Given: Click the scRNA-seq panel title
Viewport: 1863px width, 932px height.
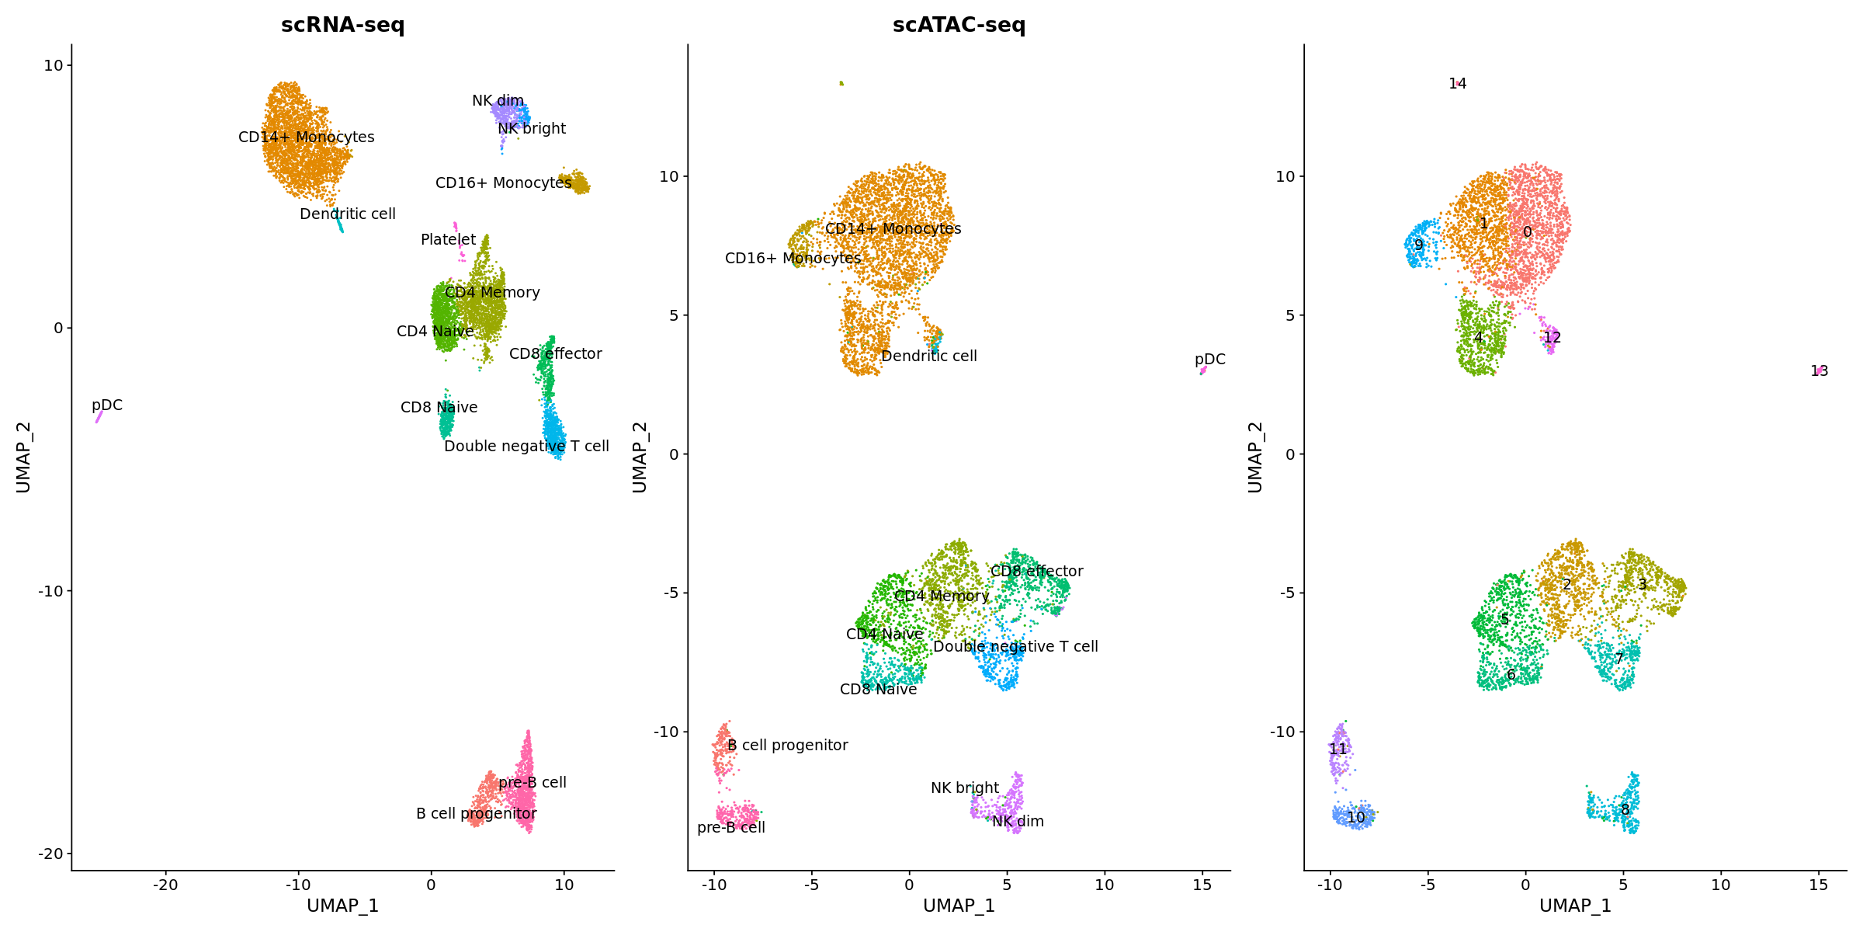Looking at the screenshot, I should click(x=342, y=25).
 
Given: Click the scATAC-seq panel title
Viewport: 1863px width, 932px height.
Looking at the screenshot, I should click(x=959, y=25).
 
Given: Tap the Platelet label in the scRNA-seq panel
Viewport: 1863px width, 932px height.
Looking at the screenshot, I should click(x=448, y=240).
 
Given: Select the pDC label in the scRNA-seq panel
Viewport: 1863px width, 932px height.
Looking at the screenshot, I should click(x=107, y=405).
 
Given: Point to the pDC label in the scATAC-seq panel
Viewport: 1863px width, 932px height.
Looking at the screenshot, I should click(x=1209, y=360).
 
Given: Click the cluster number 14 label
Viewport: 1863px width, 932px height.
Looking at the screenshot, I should click(x=1457, y=84).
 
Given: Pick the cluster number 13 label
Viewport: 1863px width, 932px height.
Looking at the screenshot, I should click(x=1819, y=371).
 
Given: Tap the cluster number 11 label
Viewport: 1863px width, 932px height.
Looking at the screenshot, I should click(x=1337, y=749).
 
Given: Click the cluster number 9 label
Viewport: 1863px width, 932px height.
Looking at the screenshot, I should click(x=1418, y=245).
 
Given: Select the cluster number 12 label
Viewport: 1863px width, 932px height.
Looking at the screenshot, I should click(x=1552, y=338).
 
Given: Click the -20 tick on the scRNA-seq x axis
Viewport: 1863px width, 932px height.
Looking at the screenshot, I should click(x=165, y=885).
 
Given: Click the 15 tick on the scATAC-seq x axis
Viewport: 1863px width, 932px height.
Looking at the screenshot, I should click(x=1202, y=885).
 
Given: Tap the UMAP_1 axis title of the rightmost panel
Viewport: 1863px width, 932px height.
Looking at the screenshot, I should click(x=1575, y=906).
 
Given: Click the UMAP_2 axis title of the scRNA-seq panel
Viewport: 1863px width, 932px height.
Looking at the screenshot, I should click(x=23, y=457).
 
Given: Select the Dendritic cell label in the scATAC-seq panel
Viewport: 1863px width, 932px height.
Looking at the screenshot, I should click(x=928, y=356).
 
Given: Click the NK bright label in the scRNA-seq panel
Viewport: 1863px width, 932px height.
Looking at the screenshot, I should click(x=532, y=129).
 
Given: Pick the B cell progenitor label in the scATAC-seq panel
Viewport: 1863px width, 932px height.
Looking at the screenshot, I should click(x=787, y=746).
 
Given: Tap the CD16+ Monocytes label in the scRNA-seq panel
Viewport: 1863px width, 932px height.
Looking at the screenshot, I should click(x=503, y=183).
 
